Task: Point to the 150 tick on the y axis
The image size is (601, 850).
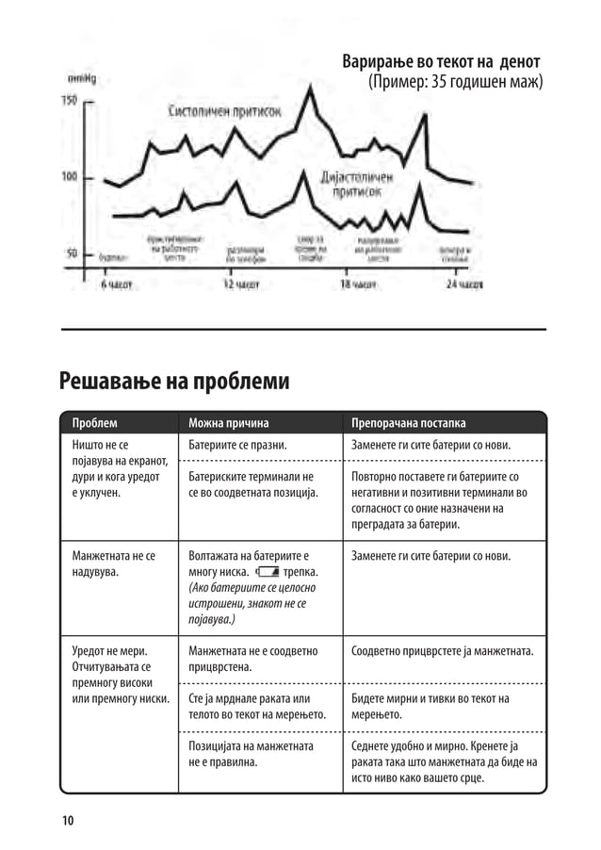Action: (70, 101)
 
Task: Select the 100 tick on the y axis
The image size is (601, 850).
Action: (70, 177)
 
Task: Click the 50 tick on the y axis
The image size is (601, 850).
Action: (72, 253)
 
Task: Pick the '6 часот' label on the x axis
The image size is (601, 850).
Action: (118, 283)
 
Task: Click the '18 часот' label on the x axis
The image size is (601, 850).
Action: (358, 283)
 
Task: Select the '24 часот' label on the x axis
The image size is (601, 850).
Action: (464, 283)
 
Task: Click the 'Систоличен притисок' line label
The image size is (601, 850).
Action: (224, 111)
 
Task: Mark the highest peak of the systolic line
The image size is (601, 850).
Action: (310, 88)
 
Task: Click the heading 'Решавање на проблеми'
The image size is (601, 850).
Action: (173, 381)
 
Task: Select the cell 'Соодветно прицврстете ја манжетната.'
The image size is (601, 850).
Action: (443, 651)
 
